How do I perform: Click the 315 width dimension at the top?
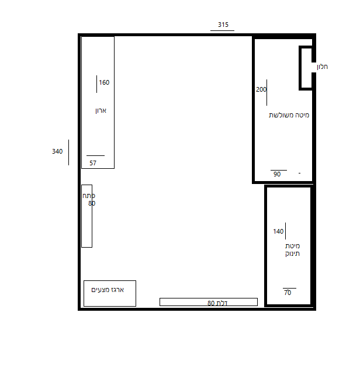coord(223,25)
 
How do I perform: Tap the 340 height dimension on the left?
coord(57,151)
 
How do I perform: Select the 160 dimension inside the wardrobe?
coord(104,82)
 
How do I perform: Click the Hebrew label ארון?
coord(101,110)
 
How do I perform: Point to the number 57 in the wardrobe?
coord(93,163)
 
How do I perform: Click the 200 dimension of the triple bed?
coord(261,89)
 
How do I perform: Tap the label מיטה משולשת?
coord(289,115)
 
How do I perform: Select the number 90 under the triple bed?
coord(277,174)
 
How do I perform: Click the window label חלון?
coord(322,67)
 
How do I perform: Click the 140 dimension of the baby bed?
coord(278,231)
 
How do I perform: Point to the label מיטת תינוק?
coord(292,250)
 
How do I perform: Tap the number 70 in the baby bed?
coord(288,293)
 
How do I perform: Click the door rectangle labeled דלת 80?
coord(209,302)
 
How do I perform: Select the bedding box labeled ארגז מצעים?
coord(110,294)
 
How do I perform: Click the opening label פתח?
coord(89,196)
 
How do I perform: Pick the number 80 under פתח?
coord(92,203)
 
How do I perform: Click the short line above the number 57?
coord(95,155)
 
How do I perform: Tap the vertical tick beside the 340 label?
coord(69,152)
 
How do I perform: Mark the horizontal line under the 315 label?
coord(222,31)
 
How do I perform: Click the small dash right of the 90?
coord(300,173)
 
